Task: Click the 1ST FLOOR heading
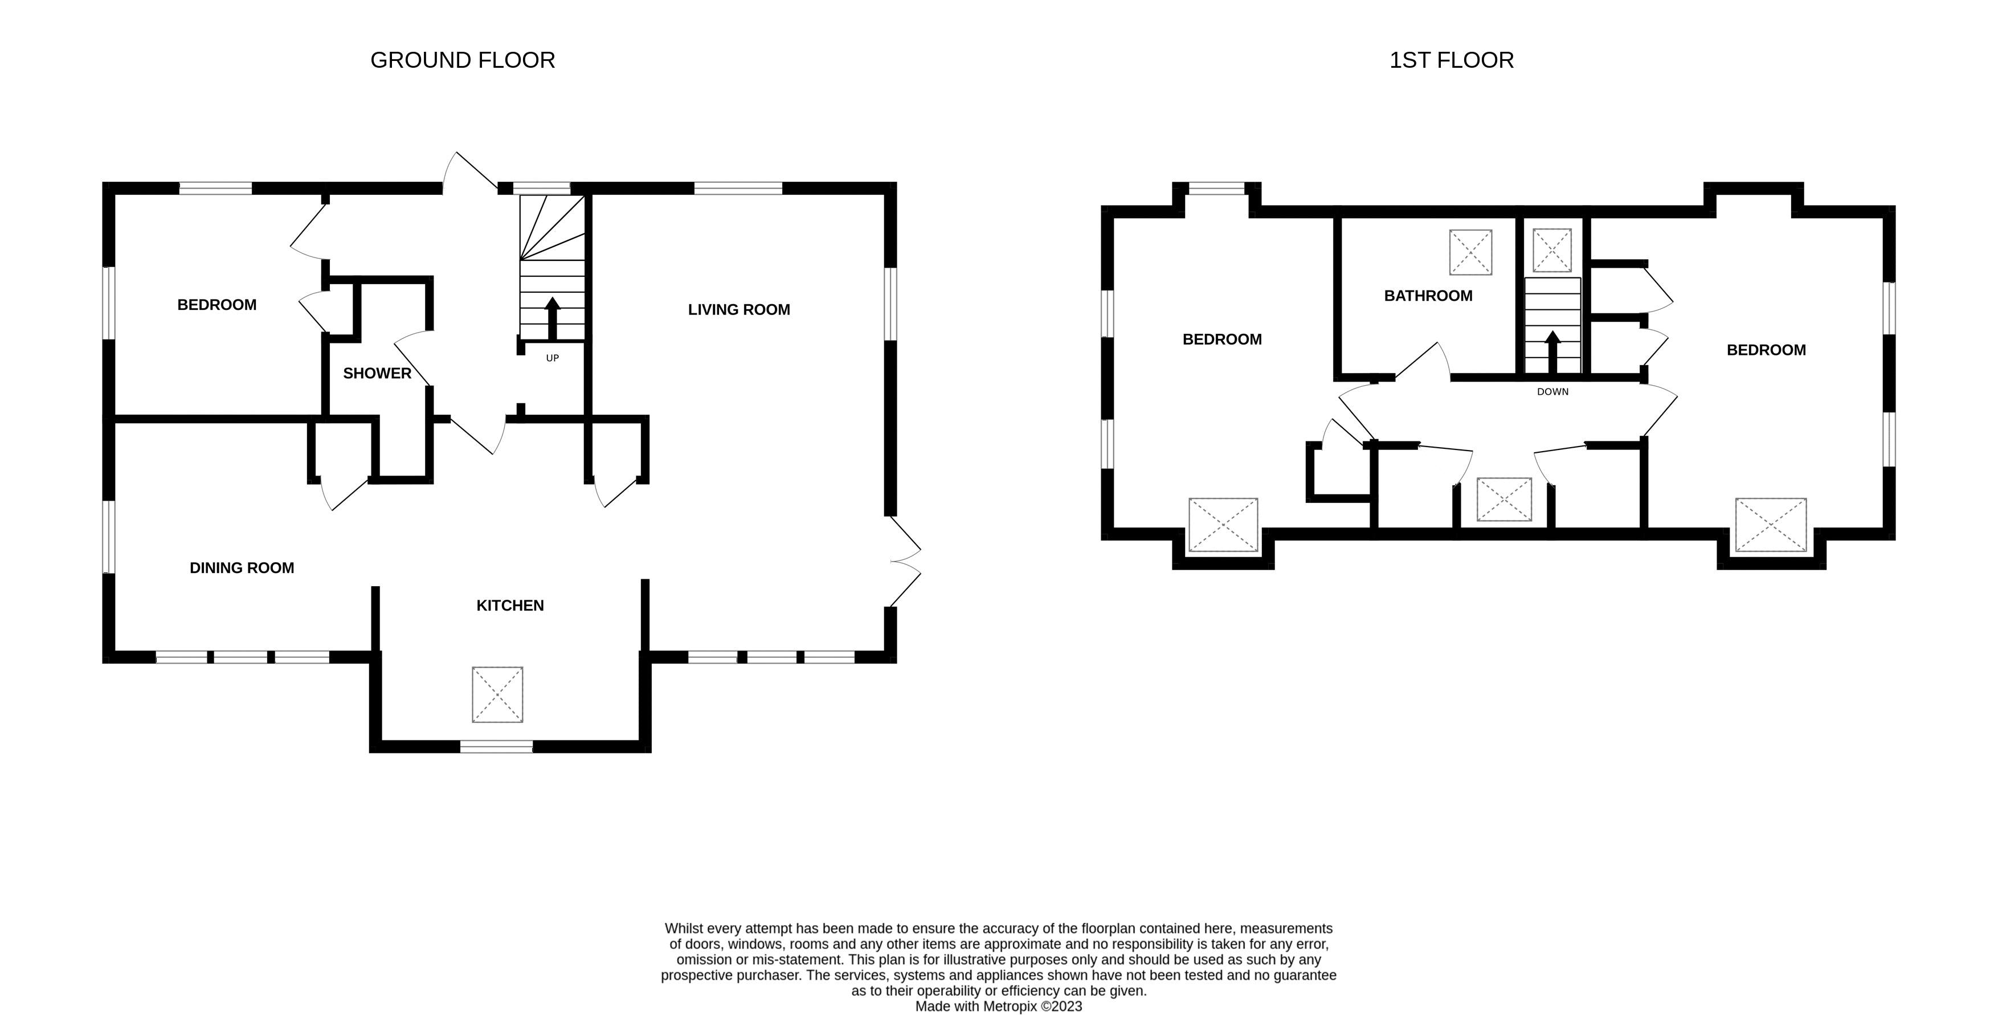(x=1451, y=60)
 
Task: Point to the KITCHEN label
(x=509, y=605)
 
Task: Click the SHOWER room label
(x=377, y=374)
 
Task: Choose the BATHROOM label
(x=1428, y=296)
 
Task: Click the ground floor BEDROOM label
(x=216, y=305)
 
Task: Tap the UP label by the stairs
(x=552, y=358)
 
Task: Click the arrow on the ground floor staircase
(x=552, y=317)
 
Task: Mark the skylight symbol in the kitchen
(x=497, y=694)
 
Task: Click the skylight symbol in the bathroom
(x=1470, y=252)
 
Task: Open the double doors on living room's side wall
(x=904, y=562)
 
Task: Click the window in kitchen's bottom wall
(x=496, y=747)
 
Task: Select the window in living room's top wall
(x=738, y=187)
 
